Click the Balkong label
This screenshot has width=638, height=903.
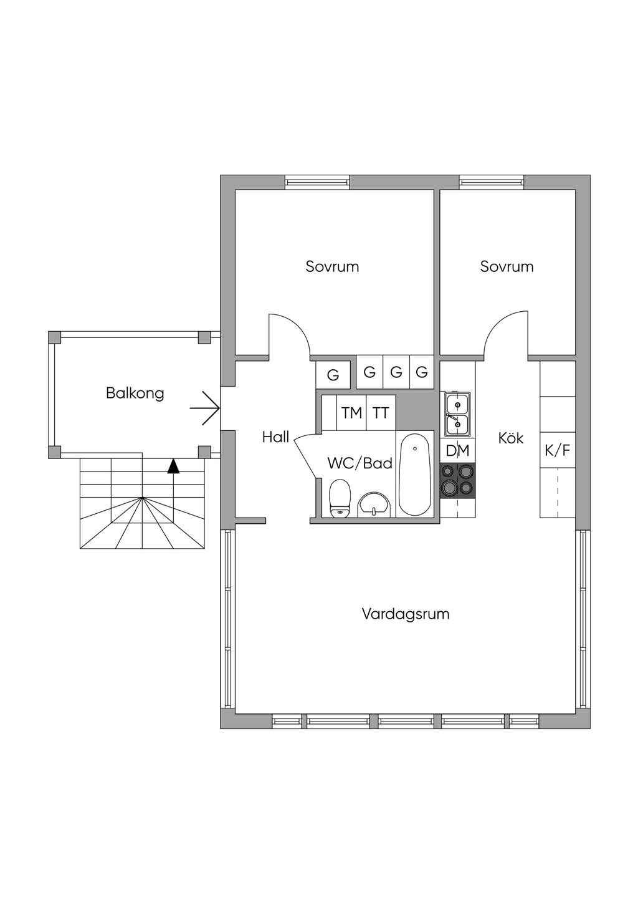(135, 394)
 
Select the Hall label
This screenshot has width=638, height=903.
(275, 437)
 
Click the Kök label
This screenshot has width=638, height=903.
(511, 438)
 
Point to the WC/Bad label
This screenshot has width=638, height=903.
(360, 463)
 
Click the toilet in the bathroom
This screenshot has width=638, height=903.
(340, 498)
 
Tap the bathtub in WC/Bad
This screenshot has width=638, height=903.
(414, 475)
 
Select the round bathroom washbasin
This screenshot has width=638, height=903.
(374, 504)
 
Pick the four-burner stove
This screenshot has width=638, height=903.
(457, 481)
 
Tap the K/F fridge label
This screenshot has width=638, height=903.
(558, 450)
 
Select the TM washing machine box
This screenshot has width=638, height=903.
(351, 413)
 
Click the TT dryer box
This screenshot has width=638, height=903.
(381, 413)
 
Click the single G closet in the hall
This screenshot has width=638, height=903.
(333, 375)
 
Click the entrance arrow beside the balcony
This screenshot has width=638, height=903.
(204, 408)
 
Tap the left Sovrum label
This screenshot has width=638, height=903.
(332, 266)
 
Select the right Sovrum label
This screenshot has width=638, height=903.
(507, 266)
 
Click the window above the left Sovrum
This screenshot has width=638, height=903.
(317, 182)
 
